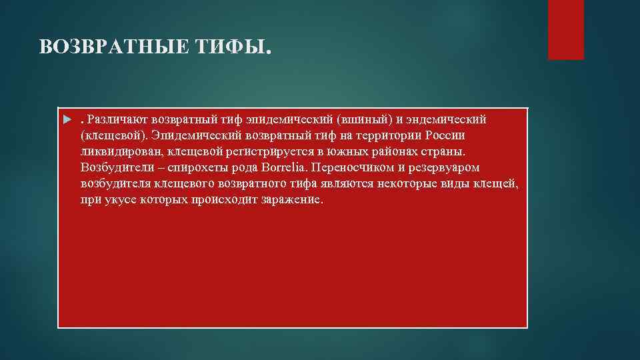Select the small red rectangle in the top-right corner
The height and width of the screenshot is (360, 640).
[x=565, y=29]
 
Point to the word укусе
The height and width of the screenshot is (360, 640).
[x=120, y=199]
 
